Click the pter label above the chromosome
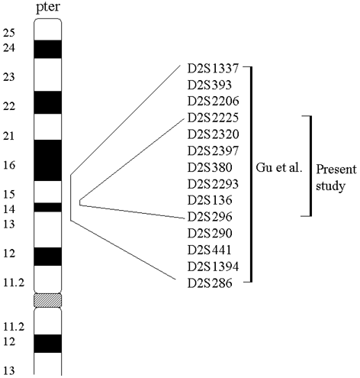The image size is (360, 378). coord(48,8)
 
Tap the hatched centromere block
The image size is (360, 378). coord(48,300)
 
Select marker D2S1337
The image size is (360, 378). coord(213,69)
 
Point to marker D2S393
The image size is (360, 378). coord(210,85)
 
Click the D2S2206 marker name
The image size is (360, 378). coord(213,102)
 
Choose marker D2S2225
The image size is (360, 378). coord(213,118)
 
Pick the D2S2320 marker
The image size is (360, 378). coord(213,134)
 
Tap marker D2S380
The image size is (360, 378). coord(210,167)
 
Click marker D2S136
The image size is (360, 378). coord(210,200)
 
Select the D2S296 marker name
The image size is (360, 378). coord(210,217)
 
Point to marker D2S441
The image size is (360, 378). coord(210,250)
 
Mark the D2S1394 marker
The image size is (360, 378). coord(213,267)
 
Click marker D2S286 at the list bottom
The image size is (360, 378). coord(210,283)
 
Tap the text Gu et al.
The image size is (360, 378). coord(279,168)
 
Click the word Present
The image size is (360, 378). coord(336,170)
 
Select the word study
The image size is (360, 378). coord(330,186)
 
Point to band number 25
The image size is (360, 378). coord(9,33)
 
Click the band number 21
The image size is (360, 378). coord(9,136)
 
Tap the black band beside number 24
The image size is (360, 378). coord(48,49)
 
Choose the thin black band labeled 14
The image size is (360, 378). coord(48,207)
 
